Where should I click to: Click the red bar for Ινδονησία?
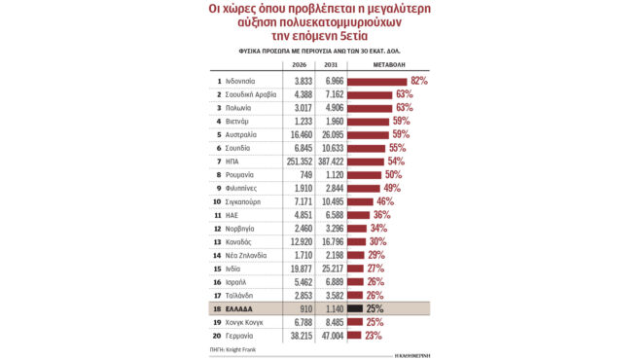(377, 80)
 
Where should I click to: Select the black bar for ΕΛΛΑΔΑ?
(355, 308)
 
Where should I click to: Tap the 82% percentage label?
(420, 80)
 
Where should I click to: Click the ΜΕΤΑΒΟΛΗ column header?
(390, 64)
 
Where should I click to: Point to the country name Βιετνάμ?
(239, 121)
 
